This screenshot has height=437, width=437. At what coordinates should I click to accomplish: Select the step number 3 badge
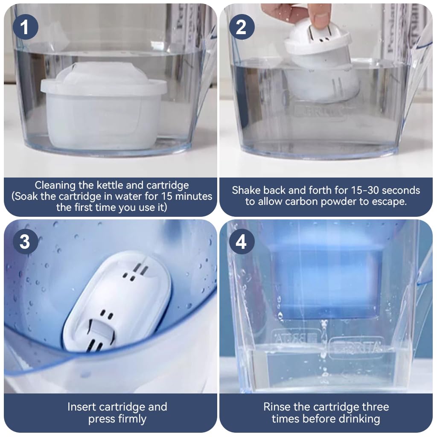25,242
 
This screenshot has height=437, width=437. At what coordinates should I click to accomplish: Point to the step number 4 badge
242,242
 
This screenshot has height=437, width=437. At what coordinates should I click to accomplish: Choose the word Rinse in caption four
277,407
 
